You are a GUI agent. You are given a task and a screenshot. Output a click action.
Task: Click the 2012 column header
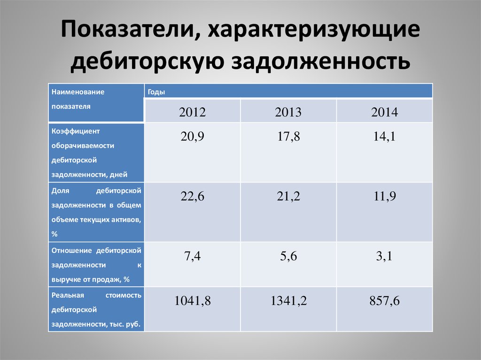point(192,112)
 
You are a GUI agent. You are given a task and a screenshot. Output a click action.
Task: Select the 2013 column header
point(288,112)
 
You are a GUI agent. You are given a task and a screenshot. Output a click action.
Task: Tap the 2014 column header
point(384,112)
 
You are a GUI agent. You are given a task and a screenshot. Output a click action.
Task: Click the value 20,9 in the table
point(192,137)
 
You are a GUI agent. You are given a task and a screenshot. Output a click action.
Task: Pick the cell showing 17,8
point(288,137)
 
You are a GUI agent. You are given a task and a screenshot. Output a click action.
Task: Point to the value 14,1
point(384,137)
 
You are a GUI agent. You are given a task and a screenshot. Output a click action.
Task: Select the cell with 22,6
point(192,196)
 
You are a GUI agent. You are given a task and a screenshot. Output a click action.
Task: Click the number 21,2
point(288,196)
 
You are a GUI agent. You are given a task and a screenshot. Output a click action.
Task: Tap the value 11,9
point(384,196)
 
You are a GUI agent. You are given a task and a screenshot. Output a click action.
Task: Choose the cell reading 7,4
point(192,256)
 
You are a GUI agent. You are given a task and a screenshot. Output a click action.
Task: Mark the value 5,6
point(288,256)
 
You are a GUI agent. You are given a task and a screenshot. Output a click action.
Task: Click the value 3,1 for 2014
point(384,256)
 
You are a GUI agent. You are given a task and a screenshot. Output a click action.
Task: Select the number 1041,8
point(192,301)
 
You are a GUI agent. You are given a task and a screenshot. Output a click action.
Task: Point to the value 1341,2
point(288,301)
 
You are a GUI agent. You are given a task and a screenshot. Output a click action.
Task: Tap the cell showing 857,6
point(384,301)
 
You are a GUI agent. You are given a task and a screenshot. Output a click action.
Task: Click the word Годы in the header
point(156,92)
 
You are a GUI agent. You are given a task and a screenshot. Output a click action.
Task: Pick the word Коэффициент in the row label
point(76,131)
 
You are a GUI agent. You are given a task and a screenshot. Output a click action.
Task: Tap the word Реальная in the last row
point(68,295)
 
